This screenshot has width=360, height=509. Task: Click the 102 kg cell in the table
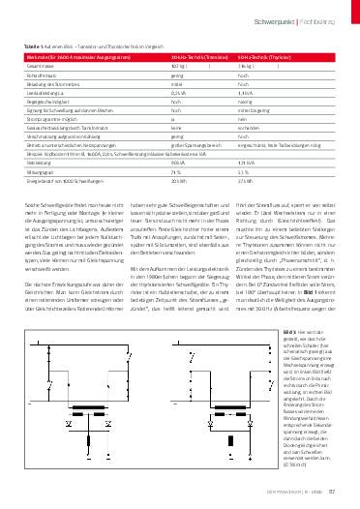(177, 64)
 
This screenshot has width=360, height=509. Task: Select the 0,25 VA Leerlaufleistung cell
(179, 92)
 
